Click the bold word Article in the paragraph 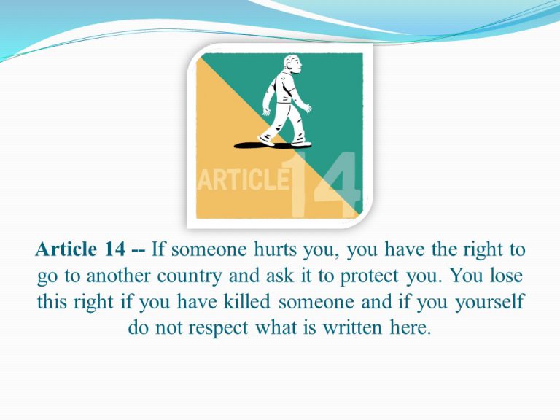tap(66, 249)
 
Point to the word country tap(190, 276)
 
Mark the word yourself tap(489, 302)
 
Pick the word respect tap(218, 328)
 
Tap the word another tap(118, 276)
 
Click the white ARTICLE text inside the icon tap(243, 179)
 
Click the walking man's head tap(292, 64)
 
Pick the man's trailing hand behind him tap(266, 112)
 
